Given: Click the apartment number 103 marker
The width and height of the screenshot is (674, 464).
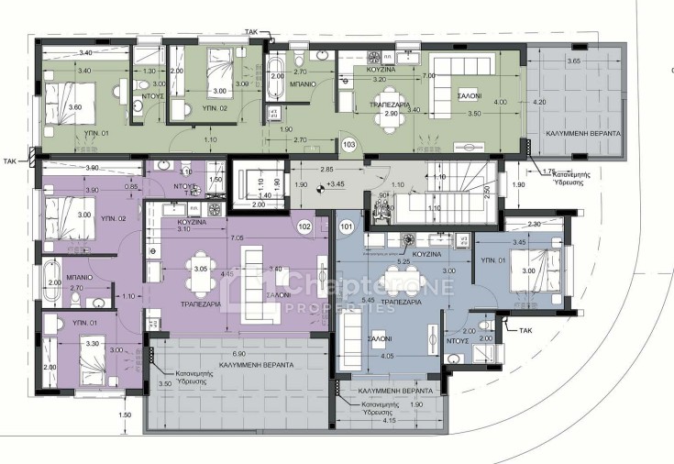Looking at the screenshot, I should coord(348,145).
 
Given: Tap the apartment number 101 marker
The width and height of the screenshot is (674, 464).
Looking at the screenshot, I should coord(347,226).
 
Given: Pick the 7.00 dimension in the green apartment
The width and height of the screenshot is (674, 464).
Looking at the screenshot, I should coord(429,75).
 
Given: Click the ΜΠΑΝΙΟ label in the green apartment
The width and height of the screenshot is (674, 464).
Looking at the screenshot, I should coord(304,83).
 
